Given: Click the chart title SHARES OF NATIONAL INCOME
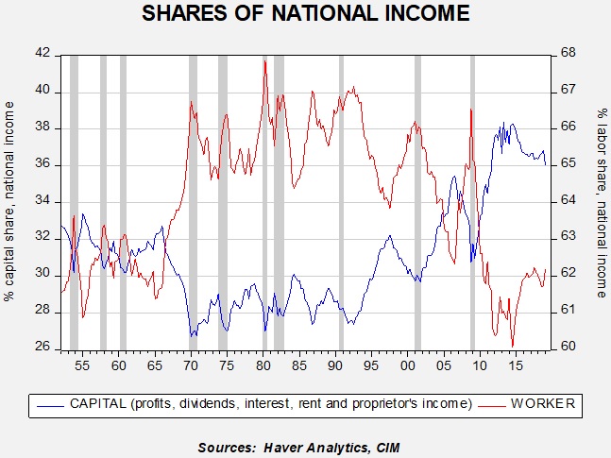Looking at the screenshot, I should click(x=305, y=15).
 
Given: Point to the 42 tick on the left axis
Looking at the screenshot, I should click(x=43, y=55).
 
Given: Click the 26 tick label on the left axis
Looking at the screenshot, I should click(x=43, y=348).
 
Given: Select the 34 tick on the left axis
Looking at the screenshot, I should click(x=43, y=201).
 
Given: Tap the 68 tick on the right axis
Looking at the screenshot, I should click(x=570, y=55).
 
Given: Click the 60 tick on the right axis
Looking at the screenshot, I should click(x=570, y=348).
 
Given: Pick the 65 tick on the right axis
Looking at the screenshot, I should click(x=570, y=164).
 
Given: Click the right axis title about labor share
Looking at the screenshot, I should click(x=601, y=201).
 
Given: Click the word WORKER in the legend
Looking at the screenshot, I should click(x=542, y=405).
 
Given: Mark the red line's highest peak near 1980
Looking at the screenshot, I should click(x=265, y=60).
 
